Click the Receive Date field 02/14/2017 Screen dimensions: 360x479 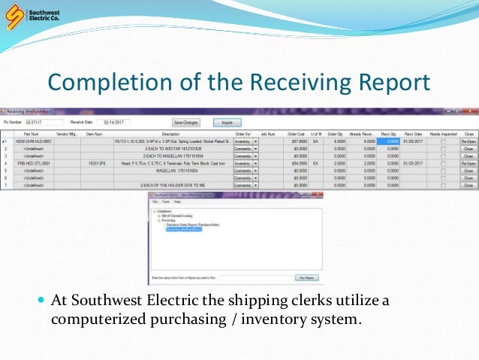[x=117, y=122]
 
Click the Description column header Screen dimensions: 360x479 [x=170, y=134]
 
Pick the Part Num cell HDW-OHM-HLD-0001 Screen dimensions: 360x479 [x=37, y=141]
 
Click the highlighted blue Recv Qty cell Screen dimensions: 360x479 [x=387, y=141]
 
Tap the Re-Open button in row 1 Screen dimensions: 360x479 [x=468, y=141]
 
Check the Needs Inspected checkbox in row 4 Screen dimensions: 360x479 [x=443, y=162]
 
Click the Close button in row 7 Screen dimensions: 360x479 [x=468, y=183]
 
